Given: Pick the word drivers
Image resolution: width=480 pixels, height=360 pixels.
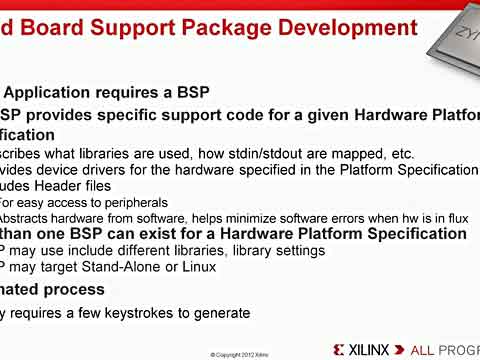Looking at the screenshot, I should [83, 171].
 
